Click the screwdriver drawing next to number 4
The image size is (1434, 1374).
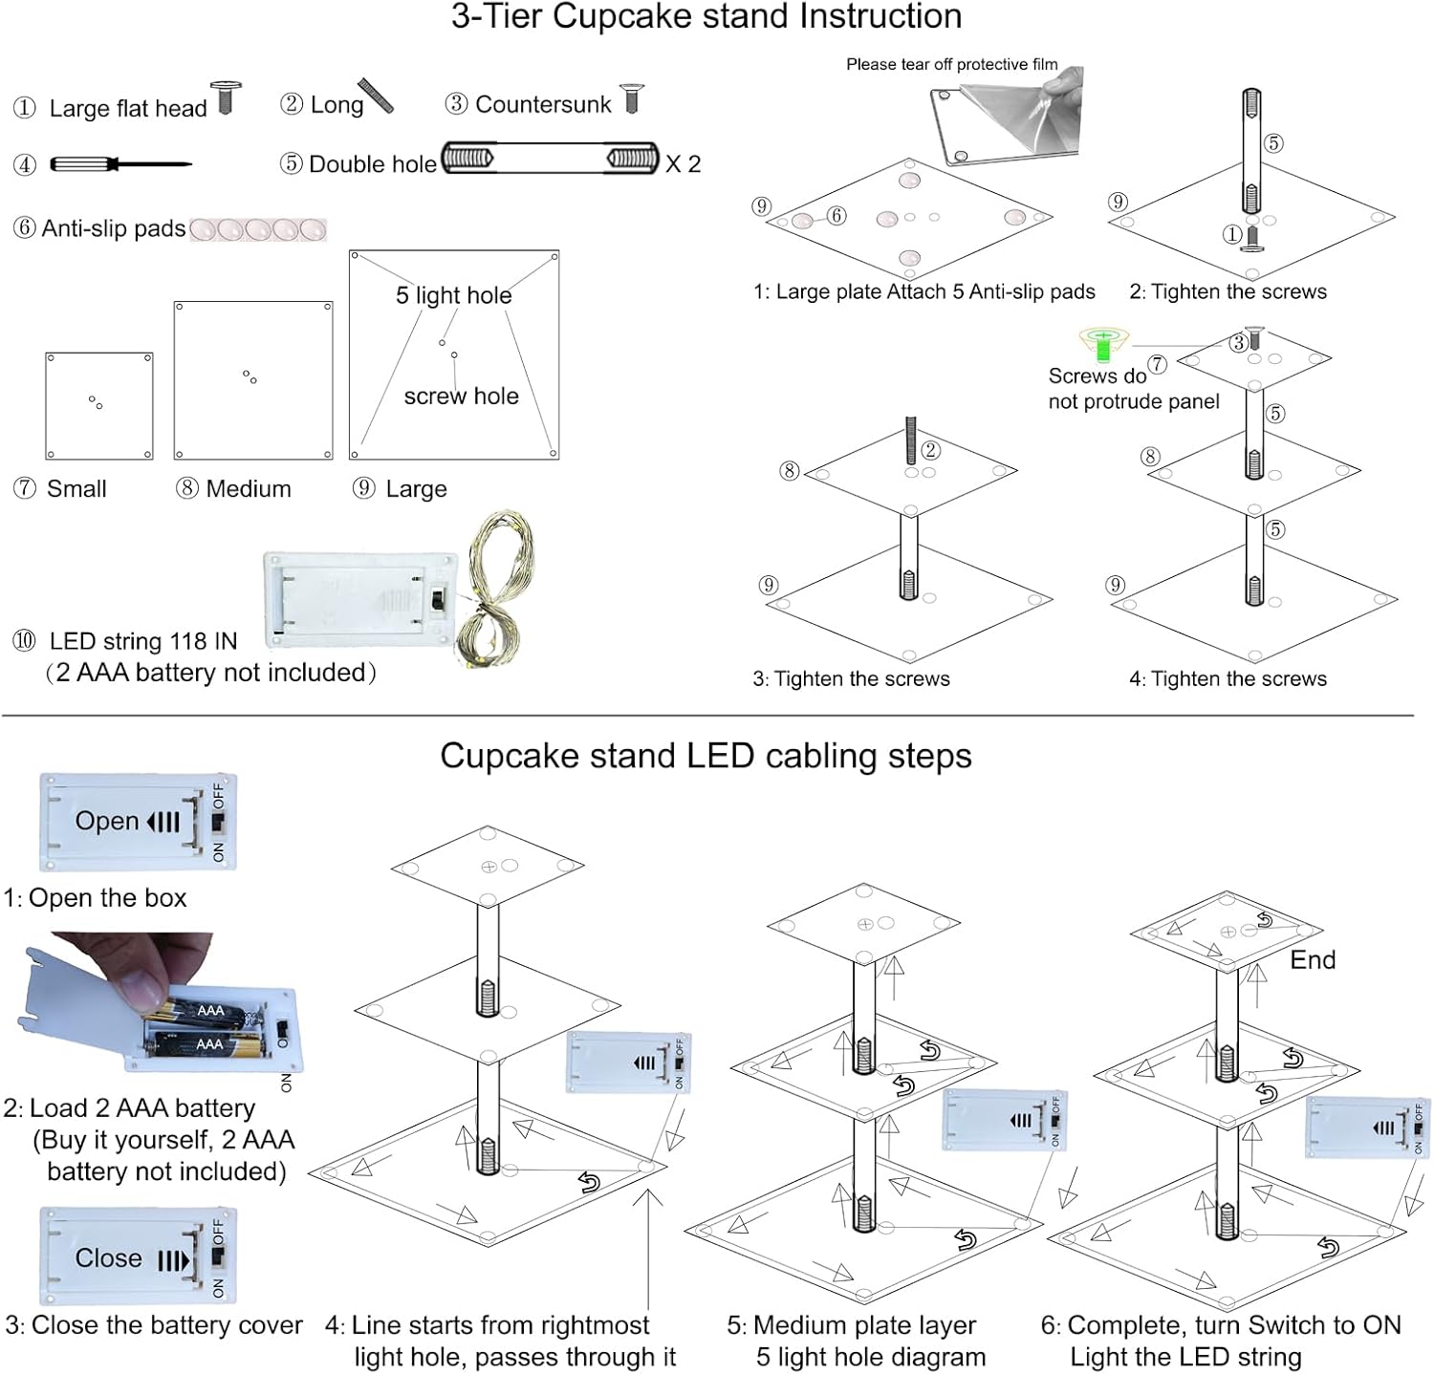coord(119,164)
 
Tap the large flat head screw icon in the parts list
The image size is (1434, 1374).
coord(226,97)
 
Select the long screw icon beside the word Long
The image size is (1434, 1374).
coord(376,96)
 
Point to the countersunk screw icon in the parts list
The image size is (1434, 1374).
coord(631,98)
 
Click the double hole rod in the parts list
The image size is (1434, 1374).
coord(550,158)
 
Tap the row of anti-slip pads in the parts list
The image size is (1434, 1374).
coord(258,229)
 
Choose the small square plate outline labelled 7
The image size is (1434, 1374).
coord(99,406)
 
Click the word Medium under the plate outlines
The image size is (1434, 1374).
coord(249,489)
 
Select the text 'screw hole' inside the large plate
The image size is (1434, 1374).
coord(461,397)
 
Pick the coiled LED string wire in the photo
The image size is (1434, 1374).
coord(495,588)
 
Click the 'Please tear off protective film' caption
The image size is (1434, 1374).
coord(951,65)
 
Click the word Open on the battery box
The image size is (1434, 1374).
coord(107,822)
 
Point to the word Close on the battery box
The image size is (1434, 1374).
coord(108,1258)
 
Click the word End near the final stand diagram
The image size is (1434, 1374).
coord(1313,960)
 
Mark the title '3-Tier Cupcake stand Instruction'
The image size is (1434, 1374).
coord(706,16)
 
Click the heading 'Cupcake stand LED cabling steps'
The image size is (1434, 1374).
coord(706,756)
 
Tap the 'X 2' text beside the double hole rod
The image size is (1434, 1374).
coord(684,164)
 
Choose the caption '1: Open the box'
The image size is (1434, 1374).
coord(95,898)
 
